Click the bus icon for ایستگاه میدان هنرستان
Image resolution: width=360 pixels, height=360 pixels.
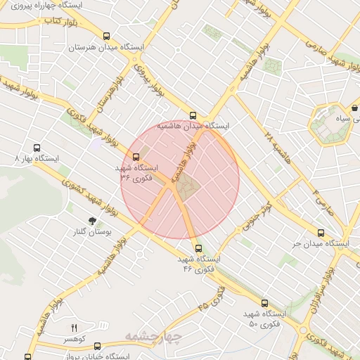click(x=106, y=37)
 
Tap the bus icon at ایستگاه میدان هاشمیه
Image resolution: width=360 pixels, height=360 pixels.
click(x=193, y=115)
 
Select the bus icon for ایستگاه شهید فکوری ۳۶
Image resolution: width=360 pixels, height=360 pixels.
click(x=135, y=157)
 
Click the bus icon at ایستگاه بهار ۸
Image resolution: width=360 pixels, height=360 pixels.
click(x=37, y=148)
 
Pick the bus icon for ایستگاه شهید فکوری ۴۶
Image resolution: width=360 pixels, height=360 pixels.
click(x=198, y=248)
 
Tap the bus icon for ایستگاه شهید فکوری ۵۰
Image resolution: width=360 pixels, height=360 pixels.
click(x=264, y=302)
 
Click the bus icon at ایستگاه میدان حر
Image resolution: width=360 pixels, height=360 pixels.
click(x=321, y=233)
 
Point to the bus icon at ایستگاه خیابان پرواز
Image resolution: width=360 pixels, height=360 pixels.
click(x=96, y=346)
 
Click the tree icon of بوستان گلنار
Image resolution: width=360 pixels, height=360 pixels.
click(x=92, y=221)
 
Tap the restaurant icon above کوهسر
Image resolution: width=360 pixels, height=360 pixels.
click(x=74, y=328)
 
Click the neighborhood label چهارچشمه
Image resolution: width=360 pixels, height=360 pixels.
click(x=153, y=337)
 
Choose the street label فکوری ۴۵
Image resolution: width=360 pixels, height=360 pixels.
click(x=212, y=298)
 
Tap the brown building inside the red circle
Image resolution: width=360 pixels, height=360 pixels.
click(x=186, y=186)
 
